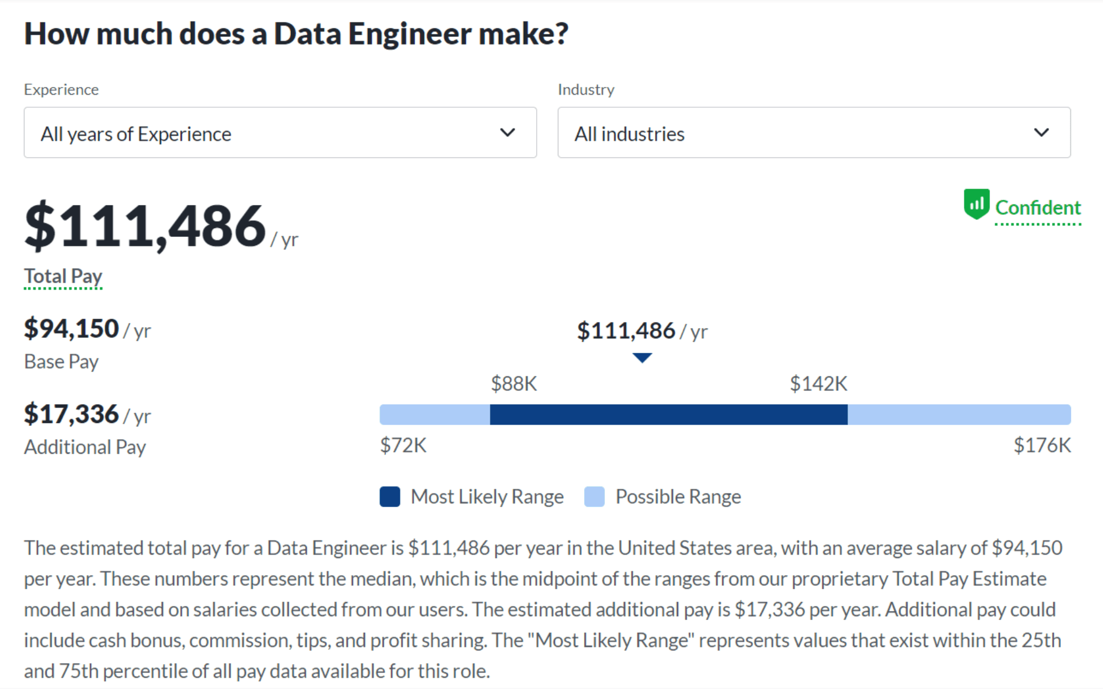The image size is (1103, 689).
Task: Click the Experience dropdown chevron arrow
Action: tap(507, 133)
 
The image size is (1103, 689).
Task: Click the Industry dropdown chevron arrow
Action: tap(1041, 133)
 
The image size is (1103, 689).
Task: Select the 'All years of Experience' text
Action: tap(136, 134)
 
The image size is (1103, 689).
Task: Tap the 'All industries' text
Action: tap(629, 134)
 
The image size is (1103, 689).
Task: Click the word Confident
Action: tap(1038, 208)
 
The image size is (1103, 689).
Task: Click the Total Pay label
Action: tap(63, 277)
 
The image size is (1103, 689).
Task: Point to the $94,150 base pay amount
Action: tap(72, 329)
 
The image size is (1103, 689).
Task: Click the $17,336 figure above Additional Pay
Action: tap(72, 414)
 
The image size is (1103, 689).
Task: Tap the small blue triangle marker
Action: tap(642, 357)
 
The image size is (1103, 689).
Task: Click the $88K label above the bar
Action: tap(514, 384)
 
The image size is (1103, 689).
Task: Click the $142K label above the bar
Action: tap(819, 384)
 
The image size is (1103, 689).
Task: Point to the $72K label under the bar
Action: tap(403, 446)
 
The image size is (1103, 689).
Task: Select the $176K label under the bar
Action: tap(1042, 446)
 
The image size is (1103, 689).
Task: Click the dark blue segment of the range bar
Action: tap(668, 415)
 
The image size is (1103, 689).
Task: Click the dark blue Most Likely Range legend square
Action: tap(390, 496)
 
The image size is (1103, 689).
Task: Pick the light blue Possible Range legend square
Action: tap(594, 496)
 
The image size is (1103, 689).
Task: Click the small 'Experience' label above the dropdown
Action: tap(61, 89)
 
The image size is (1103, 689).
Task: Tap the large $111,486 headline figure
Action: tap(145, 226)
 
